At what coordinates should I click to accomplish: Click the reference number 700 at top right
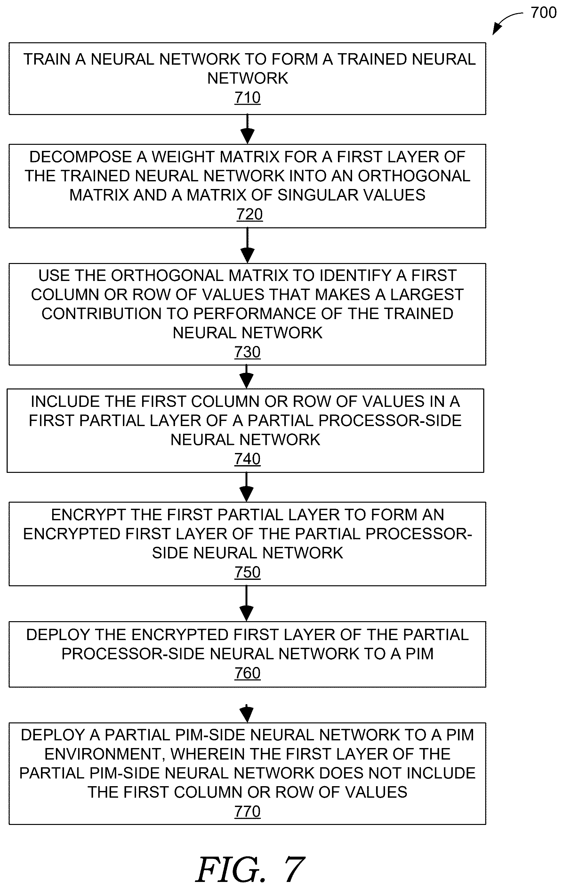[x=543, y=13]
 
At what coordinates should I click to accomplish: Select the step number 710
[x=247, y=98]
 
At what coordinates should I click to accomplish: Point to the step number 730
[x=247, y=352]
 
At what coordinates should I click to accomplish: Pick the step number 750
[x=247, y=572]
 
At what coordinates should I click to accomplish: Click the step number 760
[x=247, y=673]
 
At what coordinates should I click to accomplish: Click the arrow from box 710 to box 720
[x=247, y=129]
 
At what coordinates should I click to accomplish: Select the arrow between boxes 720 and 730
[x=247, y=245]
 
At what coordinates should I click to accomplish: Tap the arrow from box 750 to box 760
[x=246, y=604]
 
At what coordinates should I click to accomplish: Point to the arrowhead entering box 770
[x=246, y=714]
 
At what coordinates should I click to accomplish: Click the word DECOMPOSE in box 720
[x=80, y=157]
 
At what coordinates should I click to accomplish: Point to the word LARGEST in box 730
[x=427, y=295]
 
